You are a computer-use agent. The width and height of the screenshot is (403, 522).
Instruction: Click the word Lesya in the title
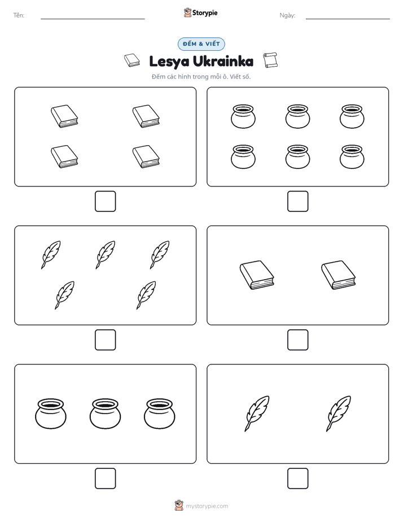[169, 62]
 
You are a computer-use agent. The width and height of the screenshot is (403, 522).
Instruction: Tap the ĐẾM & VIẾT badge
[201, 44]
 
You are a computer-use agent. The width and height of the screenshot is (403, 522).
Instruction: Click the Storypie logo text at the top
[205, 13]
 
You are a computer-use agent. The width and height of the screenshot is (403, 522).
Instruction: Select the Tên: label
[19, 15]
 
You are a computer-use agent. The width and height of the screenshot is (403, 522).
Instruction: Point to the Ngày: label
[287, 15]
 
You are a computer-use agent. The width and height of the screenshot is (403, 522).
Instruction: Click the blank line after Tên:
[93, 19]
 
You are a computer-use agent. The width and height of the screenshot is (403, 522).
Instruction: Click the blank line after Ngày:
[348, 19]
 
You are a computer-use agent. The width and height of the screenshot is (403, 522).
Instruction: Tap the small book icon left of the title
[132, 60]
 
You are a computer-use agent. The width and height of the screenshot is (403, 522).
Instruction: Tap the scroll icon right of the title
[270, 60]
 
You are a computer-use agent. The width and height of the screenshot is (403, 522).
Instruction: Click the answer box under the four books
[106, 202]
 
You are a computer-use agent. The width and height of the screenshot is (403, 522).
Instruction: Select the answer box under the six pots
[298, 202]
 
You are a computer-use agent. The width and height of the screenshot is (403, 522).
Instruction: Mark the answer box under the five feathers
[106, 340]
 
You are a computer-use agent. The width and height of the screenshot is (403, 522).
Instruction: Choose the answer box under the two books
[298, 340]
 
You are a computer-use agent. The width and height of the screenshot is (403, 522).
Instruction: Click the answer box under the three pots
[106, 478]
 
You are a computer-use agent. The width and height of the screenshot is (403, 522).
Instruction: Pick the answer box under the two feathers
[298, 478]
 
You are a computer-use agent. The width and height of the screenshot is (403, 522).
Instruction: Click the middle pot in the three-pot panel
[105, 414]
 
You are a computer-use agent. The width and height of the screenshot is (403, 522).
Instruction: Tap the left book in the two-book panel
[257, 275]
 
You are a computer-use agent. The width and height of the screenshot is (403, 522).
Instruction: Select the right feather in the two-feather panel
[339, 414]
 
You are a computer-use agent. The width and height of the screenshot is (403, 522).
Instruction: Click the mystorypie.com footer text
[207, 506]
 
